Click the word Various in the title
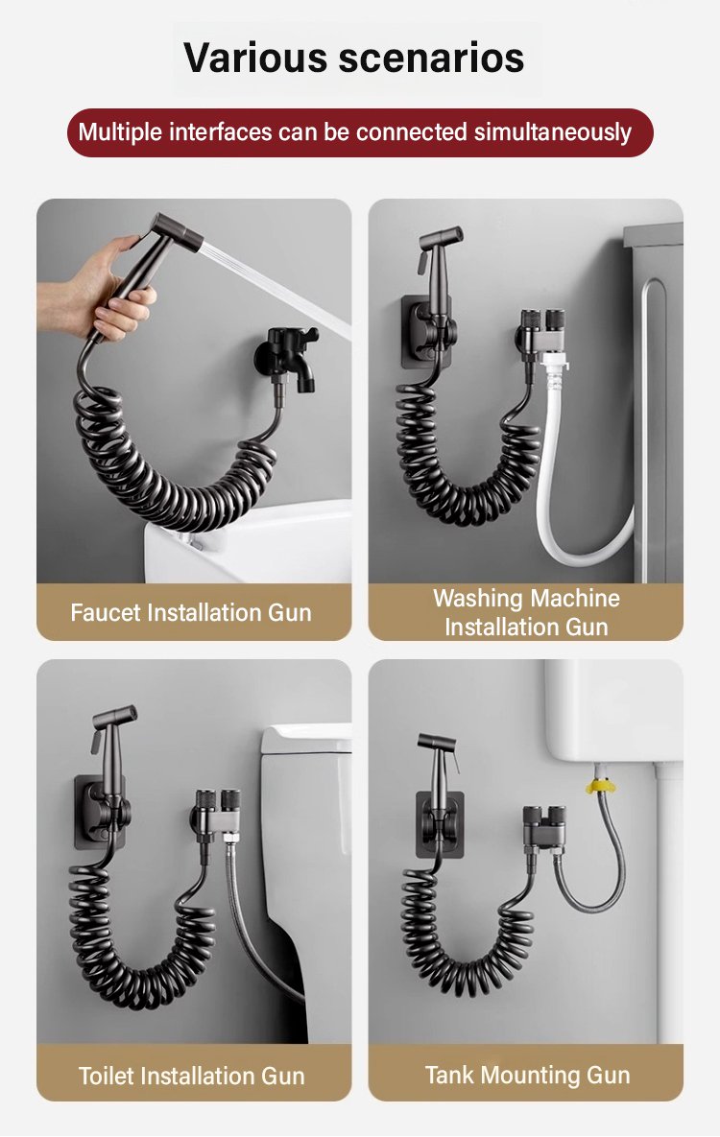(254, 58)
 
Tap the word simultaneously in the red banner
(553, 132)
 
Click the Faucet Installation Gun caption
(191, 613)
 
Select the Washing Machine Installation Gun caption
(526, 613)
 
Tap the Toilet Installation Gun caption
(192, 1076)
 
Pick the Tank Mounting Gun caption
(528, 1075)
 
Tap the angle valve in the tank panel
(545, 827)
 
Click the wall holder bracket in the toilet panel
(102, 812)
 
